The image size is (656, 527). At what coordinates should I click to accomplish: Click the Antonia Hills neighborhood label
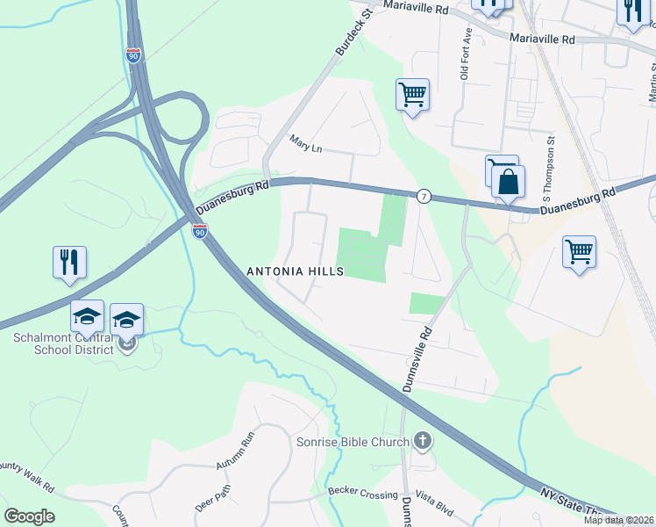pos(295,272)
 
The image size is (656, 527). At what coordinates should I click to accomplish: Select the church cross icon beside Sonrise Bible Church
pos(423,440)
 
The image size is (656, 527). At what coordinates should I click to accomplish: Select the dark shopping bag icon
pos(508,183)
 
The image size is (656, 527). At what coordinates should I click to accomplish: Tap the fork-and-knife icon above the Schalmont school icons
pos(69,262)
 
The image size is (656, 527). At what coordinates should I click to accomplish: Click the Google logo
pos(29,516)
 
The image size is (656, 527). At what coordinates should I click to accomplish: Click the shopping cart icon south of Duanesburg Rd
pos(579,252)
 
